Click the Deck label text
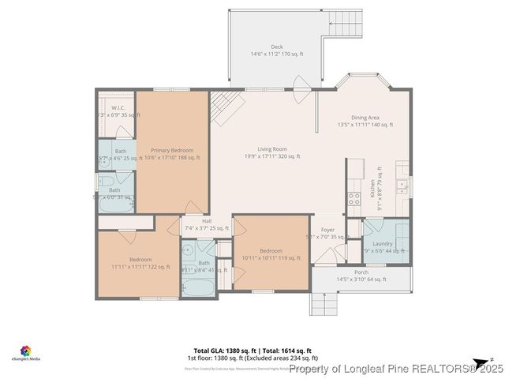(x=276, y=47)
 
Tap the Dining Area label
(x=365, y=118)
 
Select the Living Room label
(x=271, y=149)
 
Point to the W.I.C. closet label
(x=118, y=107)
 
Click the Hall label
(x=207, y=221)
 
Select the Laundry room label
(x=383, y=245)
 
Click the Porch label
(x=361, y=272)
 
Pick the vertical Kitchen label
(x=372, y=189)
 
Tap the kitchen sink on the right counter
(x=402, y=186)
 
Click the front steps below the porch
(x=322, y=303)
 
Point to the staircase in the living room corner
(x=224, y=107)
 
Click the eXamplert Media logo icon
(x=26, y=350)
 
